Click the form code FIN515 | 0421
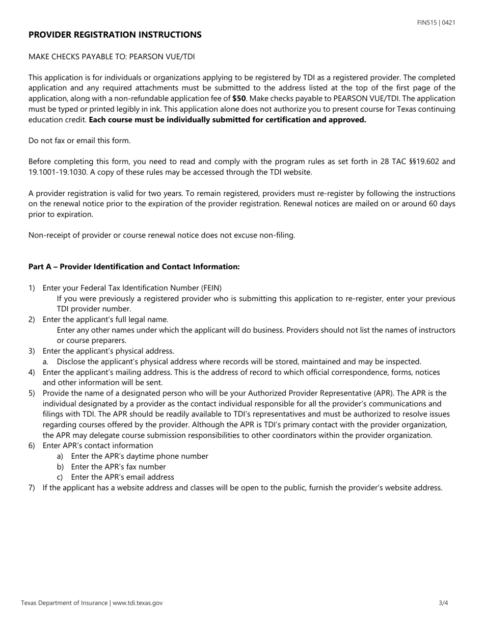coord(436,22)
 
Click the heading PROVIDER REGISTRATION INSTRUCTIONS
coord(115,35)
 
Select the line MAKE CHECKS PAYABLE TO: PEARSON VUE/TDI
coord(111,57)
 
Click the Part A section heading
coord(133,267)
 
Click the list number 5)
coord(32,393)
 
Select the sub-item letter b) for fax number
coord(60,466)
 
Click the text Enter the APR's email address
coord(122,477)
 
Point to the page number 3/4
coord(443,603)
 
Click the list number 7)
coord(32,488)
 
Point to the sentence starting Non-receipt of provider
coord(162,235)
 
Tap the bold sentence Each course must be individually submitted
coord(227,120)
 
